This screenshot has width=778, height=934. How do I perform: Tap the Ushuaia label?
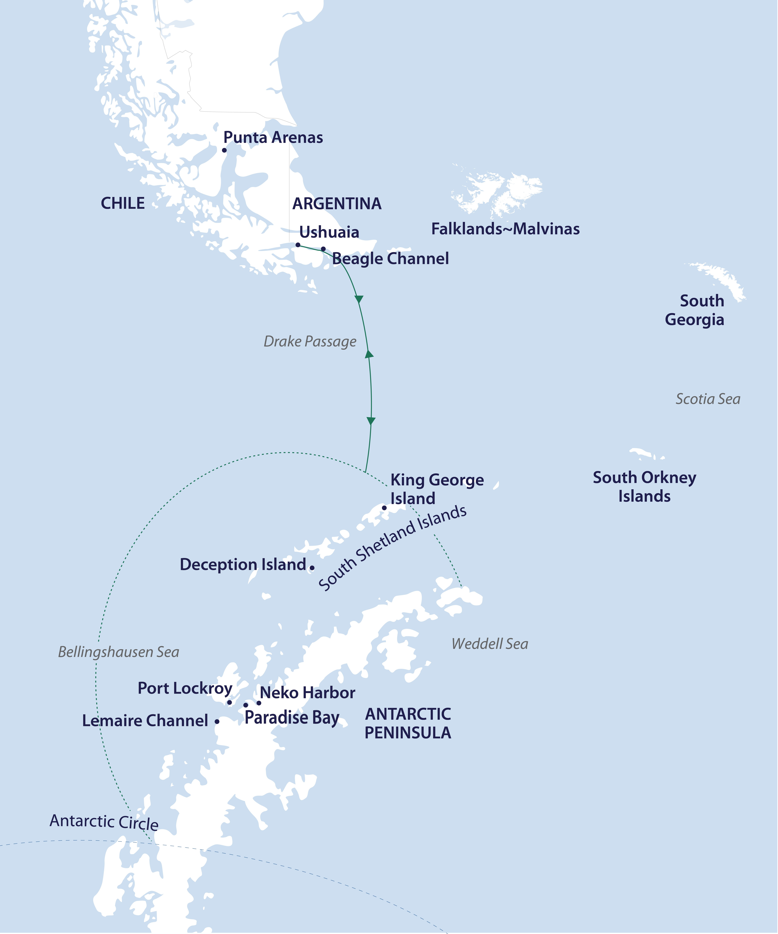[x=329, y=232]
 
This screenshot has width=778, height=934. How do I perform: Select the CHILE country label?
[x=123, y=203]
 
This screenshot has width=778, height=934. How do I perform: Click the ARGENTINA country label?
[x=337, y=204]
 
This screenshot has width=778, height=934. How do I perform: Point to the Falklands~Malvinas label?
[x=505, y=229]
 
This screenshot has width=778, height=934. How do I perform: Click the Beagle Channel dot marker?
[x=323, y=249]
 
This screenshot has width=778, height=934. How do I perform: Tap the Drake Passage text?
[x=310, y=342]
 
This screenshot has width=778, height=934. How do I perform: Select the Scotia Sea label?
[x=708, y=399]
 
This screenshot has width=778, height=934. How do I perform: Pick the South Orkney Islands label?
[x=644, y=487]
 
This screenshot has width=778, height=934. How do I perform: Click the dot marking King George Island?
[x=384, y=507]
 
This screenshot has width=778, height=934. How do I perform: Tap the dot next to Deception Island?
[x=312, y=568]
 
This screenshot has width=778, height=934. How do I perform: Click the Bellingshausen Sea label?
[x=119, y=652]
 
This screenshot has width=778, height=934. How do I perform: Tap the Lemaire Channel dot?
[x=217, y=721]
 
